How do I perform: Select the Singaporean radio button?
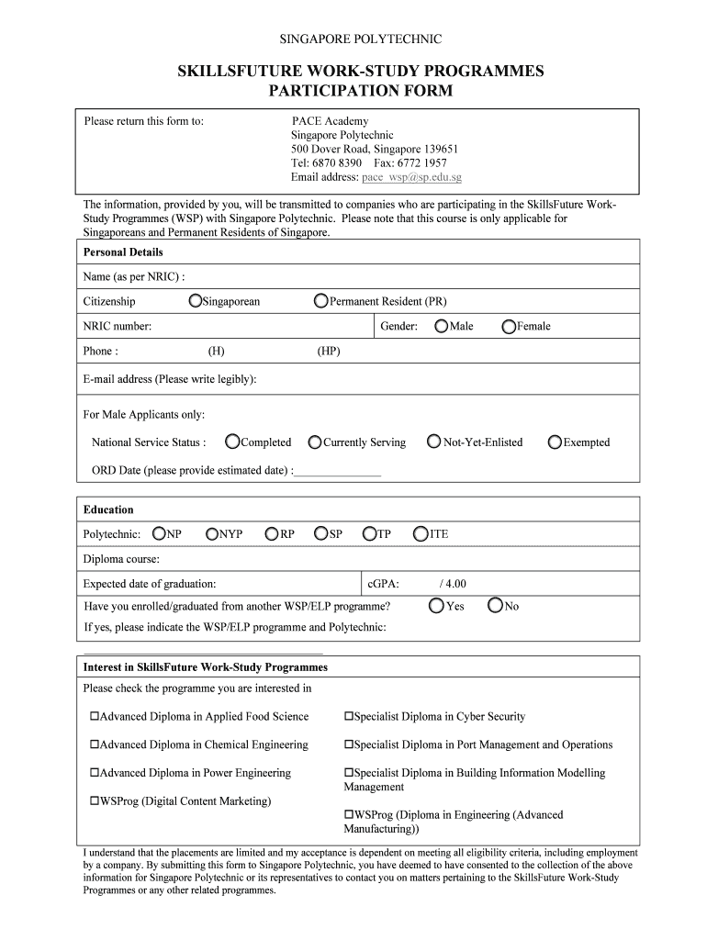[195, 301]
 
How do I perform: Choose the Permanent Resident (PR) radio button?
[320, 301]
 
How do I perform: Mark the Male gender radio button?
[442, 326]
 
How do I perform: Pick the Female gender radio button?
[509, 326]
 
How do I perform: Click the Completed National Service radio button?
[232, 442]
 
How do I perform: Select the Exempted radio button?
[555, 442]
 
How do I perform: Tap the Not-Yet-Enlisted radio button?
[434, 442]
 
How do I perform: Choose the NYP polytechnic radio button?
[212, 533]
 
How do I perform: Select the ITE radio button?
[421, 533]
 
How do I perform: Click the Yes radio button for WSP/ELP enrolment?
[436, 606]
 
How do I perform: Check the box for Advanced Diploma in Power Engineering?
[94, 773]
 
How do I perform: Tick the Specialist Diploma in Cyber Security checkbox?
[349, 717]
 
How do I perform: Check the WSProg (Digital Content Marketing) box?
[94, 801]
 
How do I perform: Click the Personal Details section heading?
[123, 252]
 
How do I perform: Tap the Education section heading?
[108, 509]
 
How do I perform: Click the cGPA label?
[383, 583]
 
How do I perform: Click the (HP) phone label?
[329, 351]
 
